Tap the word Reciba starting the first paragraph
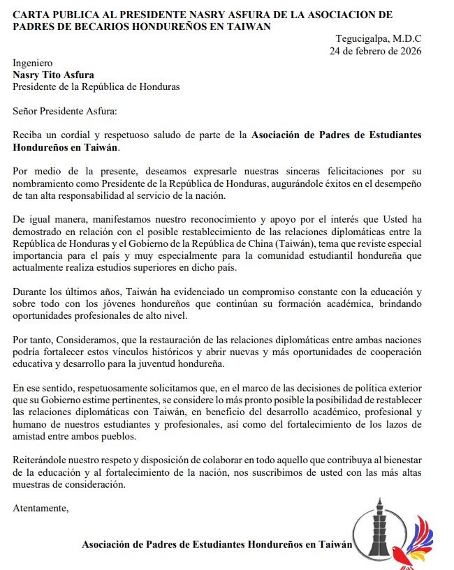(x=28, y=135)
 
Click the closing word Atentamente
(x=41, y=508)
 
